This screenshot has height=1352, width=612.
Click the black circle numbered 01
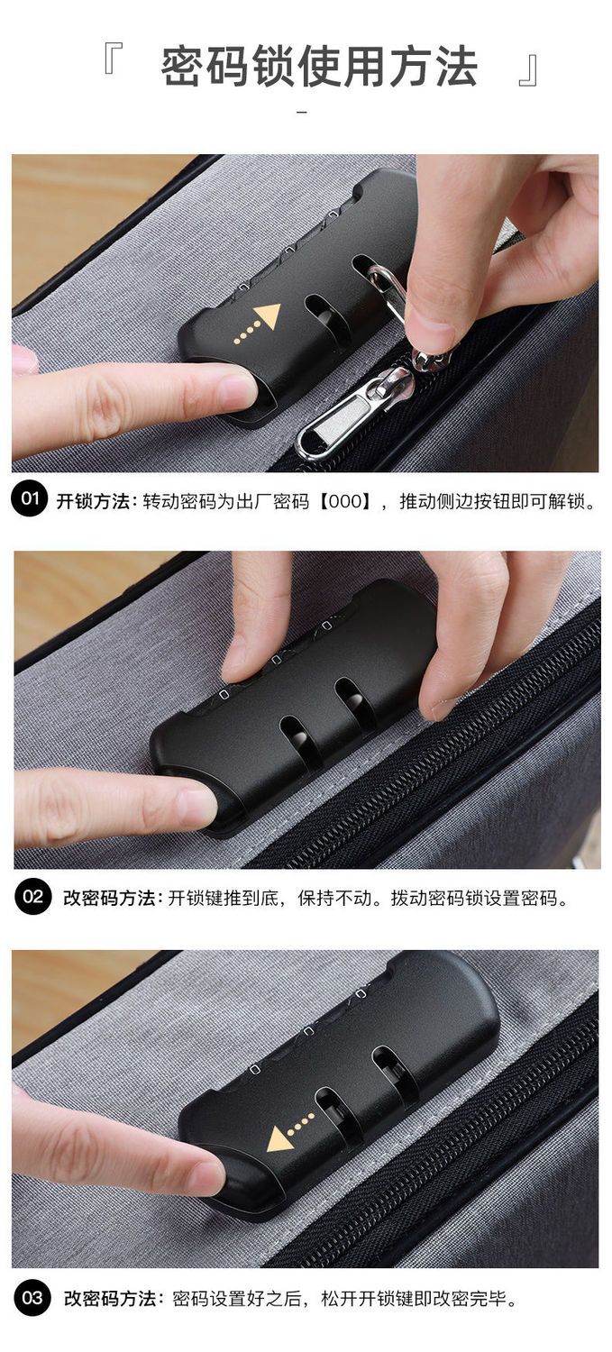coord(30,498)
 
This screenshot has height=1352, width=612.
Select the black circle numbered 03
coord(32,1298)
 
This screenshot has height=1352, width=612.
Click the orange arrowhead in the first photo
coord(267,315)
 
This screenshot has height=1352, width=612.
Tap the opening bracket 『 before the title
coord(113,59)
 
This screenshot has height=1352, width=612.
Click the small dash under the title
coord(302,113)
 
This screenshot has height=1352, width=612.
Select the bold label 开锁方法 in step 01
coord(93,501)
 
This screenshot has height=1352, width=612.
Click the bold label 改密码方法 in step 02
coord(109,898)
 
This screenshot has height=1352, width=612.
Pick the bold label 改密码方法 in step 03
coord(110,1298)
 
